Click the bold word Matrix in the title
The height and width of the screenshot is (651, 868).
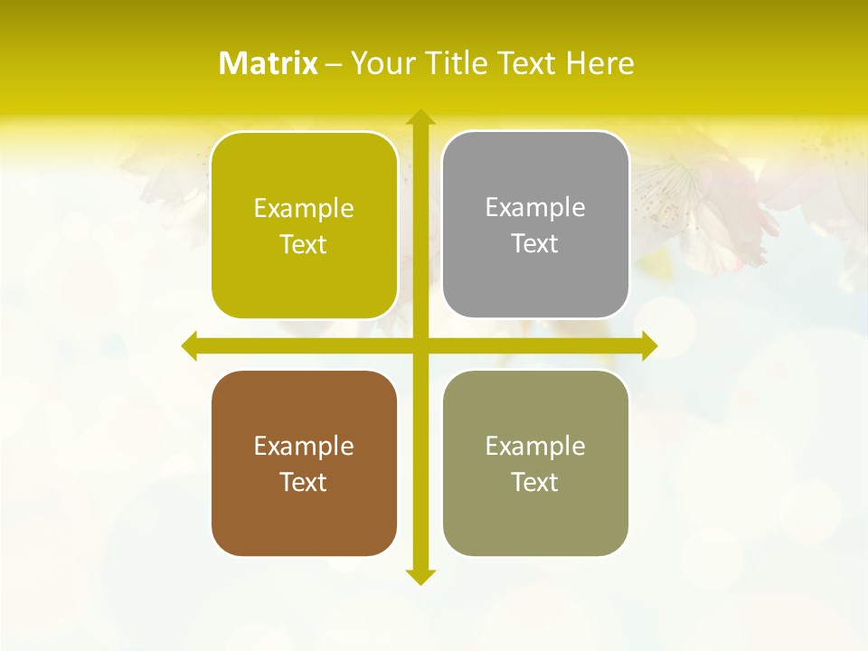click(269, 63)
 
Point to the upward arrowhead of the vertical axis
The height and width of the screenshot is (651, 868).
click(420, 117)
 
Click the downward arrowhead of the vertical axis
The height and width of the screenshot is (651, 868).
click(420, 577)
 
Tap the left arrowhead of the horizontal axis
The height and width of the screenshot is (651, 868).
click(190, 345)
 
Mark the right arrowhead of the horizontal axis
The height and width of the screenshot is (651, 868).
click(649, 345)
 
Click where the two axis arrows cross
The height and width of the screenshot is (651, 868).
click(420, 345)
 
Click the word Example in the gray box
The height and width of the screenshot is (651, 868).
click(535, 207)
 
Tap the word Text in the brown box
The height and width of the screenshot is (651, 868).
click(304, 482)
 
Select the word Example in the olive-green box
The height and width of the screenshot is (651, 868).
click(535, 446)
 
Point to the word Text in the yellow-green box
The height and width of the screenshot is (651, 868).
click(304, 244)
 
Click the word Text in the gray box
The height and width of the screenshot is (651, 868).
click(535, 243)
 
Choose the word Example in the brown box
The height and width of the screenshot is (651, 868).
click(304, 446)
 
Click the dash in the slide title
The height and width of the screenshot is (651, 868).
click(334, 64)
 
